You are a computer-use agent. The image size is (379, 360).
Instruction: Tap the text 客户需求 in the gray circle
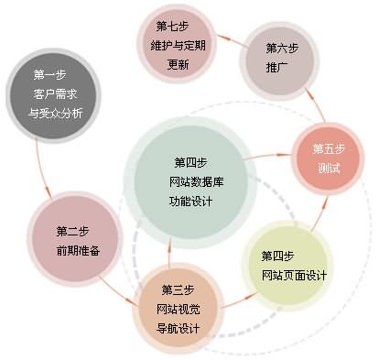point(56,94)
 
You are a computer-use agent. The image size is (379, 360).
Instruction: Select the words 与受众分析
point(56,114)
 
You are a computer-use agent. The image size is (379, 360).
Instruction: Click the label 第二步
point(71,230)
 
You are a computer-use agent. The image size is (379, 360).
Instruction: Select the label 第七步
point(173,25)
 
